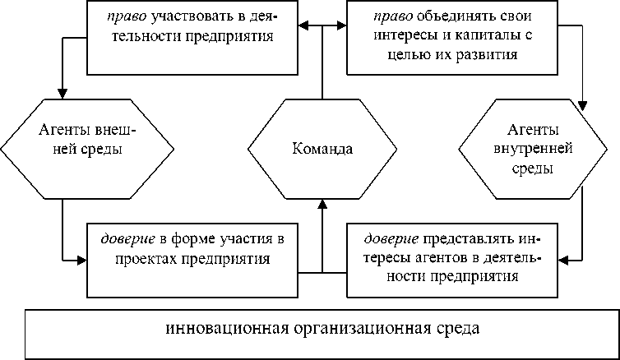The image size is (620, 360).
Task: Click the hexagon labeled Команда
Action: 322,149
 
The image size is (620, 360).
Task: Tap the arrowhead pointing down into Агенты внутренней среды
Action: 583,104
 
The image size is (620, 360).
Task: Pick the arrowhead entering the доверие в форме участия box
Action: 81,261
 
